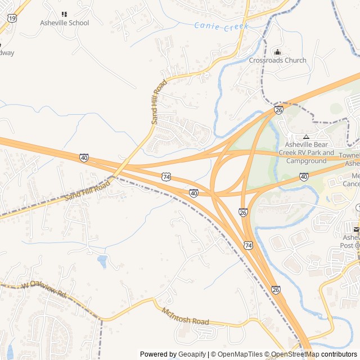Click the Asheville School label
point(65,23)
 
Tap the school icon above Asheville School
point(64,14)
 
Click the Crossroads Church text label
point(278,60)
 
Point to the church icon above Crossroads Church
point(277,52)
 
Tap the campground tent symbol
point(306,137)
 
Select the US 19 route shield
point(12,19)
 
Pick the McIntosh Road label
point(185,317)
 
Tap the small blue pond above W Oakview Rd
point(102,261)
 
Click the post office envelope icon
point(355,229)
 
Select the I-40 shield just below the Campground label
point(304,177)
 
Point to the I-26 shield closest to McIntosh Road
point(276,290)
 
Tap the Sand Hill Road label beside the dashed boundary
point(87,191)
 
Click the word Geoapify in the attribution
point(192,354)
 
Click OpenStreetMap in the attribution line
point(295,354)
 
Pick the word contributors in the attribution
point(339,354)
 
